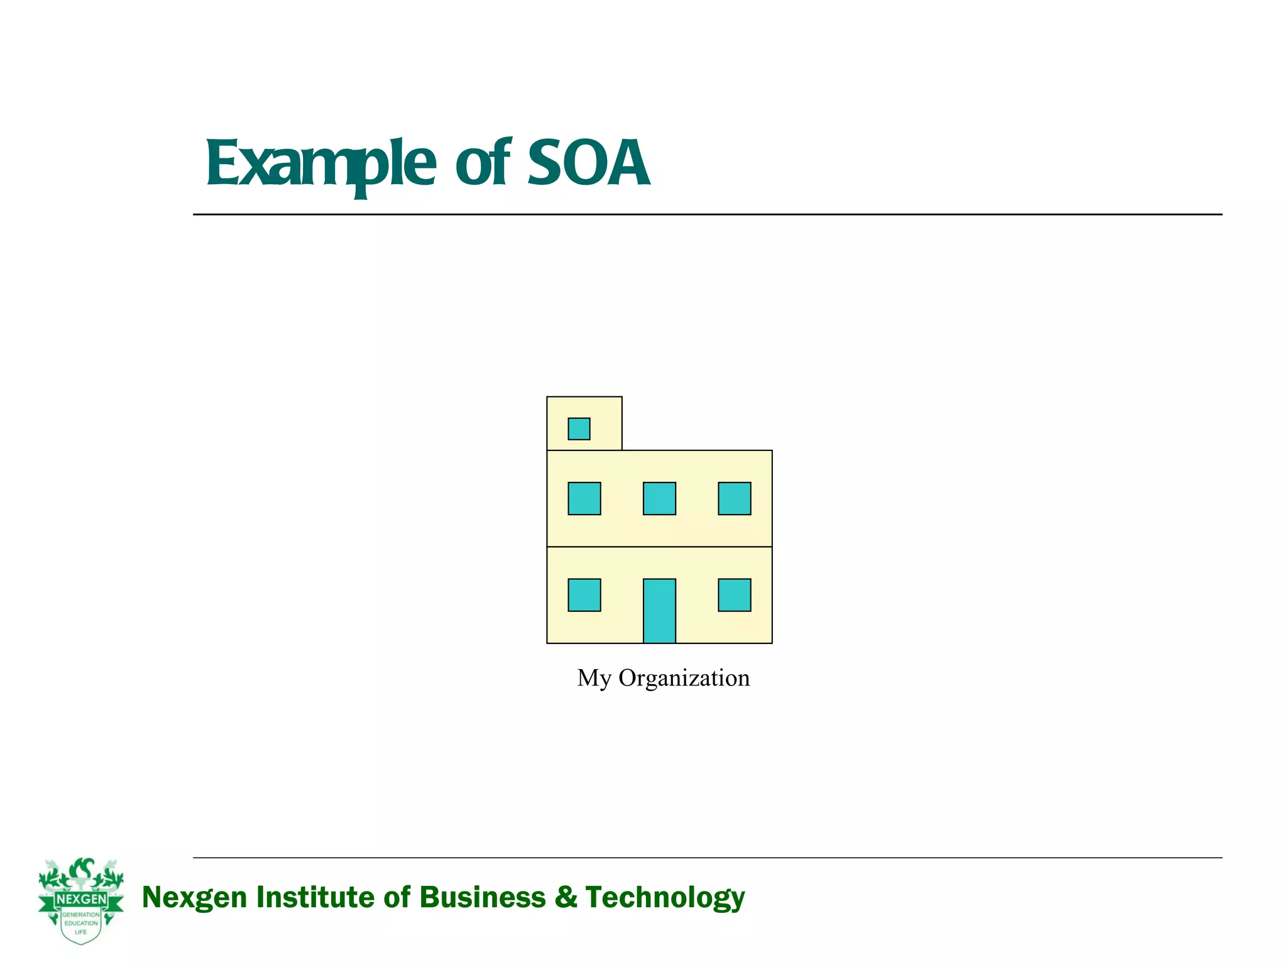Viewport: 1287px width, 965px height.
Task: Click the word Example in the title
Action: tap(320, 165)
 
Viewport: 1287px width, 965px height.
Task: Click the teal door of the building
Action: tap(659, 611)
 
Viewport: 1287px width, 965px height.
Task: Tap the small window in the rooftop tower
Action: tap(579, 429)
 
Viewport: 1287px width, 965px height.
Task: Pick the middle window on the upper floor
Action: tap(659, 498)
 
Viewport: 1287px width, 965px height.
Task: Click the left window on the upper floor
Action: tap(584, 498)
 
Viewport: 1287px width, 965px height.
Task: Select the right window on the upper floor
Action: tap(735, 498)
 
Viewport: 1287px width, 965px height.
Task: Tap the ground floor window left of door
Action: tap(584, 595)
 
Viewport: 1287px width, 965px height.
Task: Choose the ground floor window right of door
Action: tap(735, 595)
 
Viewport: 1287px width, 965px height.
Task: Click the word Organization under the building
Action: tap(684, 679)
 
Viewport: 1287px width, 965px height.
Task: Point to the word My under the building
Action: tap(594, 679)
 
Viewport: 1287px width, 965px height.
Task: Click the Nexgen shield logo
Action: tap(81, 901)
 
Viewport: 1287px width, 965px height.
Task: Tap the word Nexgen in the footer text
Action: tap(195, 897)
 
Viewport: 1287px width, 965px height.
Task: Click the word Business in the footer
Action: tap(483, 897)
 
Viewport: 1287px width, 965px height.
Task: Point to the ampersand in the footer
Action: tap(566, 897)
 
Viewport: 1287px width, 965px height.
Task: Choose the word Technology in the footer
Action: tap(665, 897)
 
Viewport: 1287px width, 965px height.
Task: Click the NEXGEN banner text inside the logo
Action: tap(81, 899)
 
